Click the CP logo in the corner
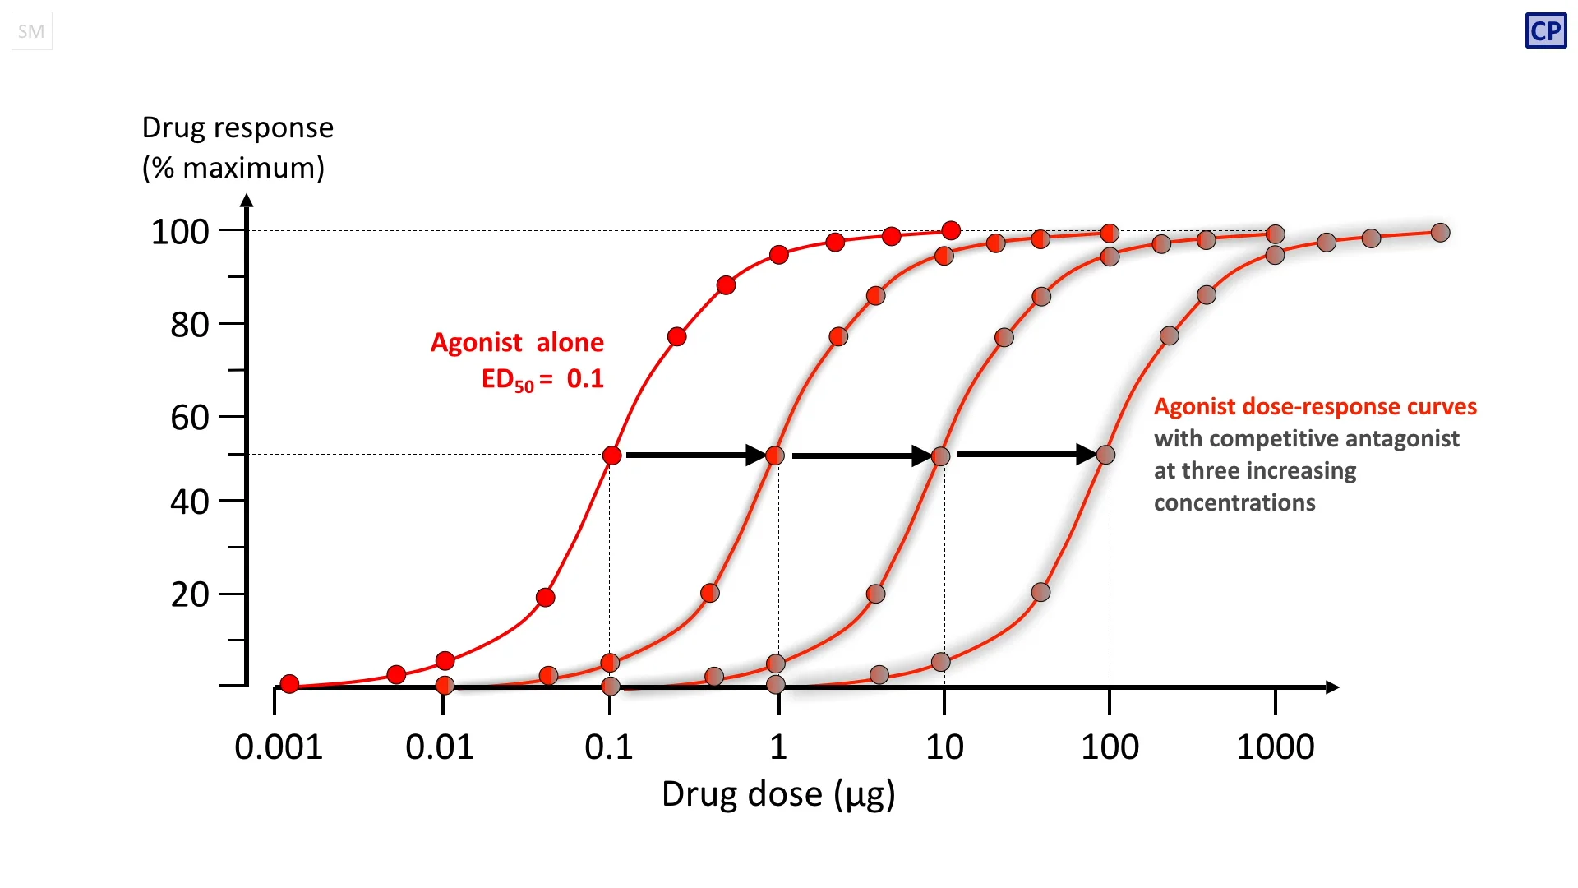click(x=1545, y=31)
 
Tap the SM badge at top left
click(x=31, y=31)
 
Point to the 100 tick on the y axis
click(x=180, y=232)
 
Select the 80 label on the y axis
click(x=190, y=325)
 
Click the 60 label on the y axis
click(x=190, y=418)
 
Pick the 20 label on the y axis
click(x=190, y=594)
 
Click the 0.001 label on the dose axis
click(x=279, y=747)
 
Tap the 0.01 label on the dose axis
click(x=440, y=747)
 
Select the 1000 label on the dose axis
click(x=1275, y=747)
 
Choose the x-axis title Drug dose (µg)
click(x=778, y=794)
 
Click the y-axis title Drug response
click(x=238, y=128)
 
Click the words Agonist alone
click(x=517, y=342)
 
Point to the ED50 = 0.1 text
click(x=542, y=379)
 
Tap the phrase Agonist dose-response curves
click(x=1315, y=406)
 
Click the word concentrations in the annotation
click(x=1234, y=502)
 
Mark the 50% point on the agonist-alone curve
click(x=611, y=456)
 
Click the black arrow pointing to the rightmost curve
click(x=1027, y=454)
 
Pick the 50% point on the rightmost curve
click(x=1105, y=455)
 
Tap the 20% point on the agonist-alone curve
click(x=545, y=598)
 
